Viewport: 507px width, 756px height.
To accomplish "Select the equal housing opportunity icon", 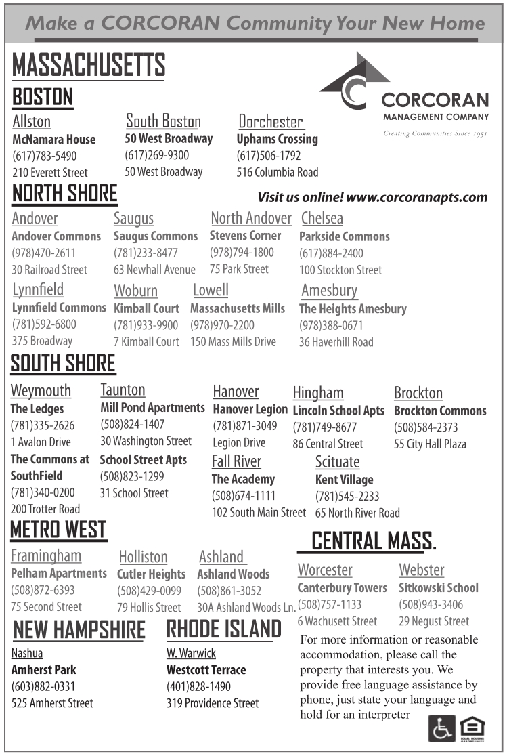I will coord(472,728).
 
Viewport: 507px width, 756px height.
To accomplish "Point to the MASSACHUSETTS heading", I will coord(89,66).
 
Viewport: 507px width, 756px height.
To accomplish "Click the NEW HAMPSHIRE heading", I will coord(79,630).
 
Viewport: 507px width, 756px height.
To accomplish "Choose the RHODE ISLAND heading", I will coord(224,630).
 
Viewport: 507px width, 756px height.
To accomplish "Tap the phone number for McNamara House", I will coord(45,156).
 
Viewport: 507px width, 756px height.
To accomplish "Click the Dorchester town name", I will coord(271,122).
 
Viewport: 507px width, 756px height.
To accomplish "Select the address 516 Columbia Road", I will coord(277,172).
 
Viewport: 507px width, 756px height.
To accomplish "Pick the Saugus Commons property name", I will coord(156,236).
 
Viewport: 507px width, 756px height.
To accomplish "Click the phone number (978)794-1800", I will coord(242,252).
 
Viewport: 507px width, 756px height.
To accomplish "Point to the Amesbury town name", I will coord(329,291).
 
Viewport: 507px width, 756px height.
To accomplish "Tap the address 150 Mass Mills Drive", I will coord(233,341).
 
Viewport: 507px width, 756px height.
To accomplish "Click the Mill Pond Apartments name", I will coord(152,408).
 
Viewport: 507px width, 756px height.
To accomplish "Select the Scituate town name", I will coord(337,462).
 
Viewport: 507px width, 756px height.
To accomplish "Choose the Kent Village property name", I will coord(344,480).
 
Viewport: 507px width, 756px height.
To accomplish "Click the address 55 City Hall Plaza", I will coord(430,444).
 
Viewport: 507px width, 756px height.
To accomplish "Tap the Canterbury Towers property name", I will coord(343,588).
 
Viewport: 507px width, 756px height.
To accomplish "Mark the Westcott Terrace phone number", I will coord(198,686).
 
